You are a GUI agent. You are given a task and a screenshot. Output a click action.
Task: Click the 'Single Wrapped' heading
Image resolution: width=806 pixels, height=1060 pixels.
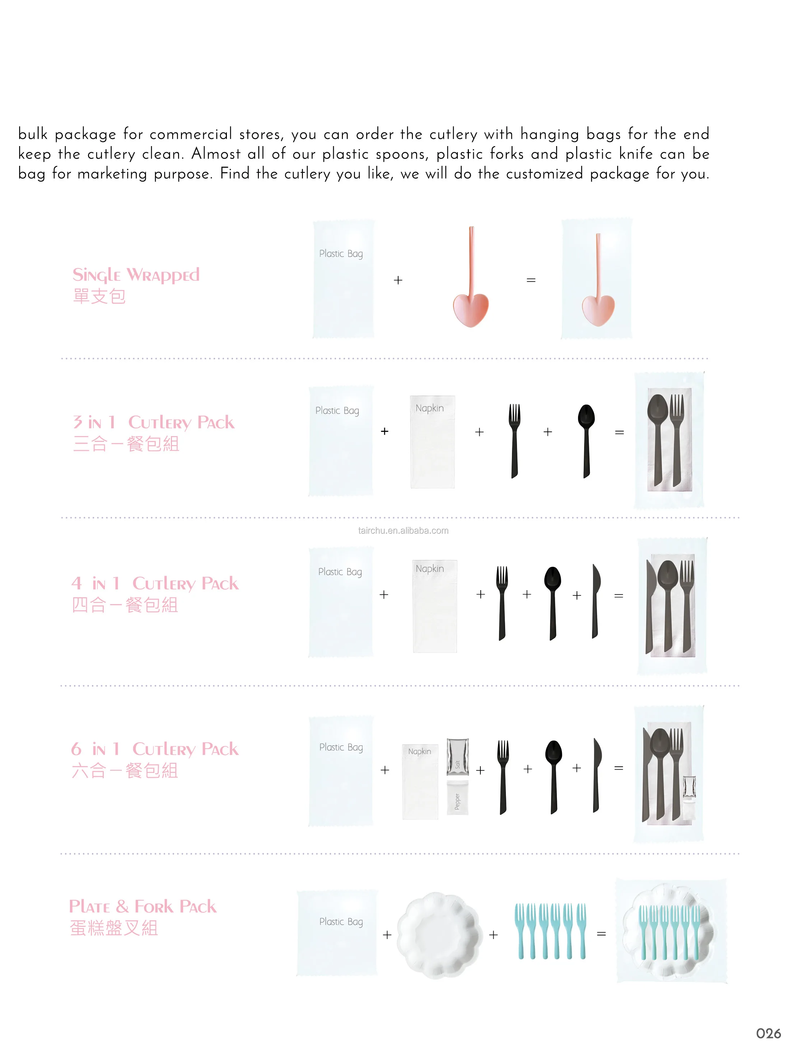(x=136, y=275)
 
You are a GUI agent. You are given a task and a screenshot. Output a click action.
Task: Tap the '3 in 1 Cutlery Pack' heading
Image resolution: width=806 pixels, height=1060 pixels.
(x=154, y=422)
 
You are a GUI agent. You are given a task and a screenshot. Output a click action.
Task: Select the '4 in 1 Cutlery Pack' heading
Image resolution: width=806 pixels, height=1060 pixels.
(x=154, y=583)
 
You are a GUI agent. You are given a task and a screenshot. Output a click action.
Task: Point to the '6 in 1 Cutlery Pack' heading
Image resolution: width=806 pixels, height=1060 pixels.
(x=154, y=749)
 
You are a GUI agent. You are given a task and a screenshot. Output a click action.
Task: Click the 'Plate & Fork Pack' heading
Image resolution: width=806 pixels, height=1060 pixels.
(x=143, y=906)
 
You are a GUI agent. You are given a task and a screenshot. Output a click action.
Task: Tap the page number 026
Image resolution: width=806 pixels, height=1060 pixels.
(x=768, y=1034)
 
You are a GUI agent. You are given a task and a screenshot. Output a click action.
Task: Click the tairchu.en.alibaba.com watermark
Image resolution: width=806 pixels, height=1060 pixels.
(x=403, y=531)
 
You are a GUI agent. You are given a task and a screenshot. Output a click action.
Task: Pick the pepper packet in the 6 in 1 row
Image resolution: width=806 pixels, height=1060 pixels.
(x=457, y=798)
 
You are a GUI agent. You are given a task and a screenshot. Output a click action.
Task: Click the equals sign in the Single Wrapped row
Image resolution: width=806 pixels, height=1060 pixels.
(x=531, y=280)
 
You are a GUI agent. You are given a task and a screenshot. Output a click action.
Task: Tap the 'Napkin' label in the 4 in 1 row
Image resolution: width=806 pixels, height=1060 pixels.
(x=429, y=568)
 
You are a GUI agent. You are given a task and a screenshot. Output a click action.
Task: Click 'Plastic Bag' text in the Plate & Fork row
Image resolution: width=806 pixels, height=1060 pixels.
(x=341, y=921)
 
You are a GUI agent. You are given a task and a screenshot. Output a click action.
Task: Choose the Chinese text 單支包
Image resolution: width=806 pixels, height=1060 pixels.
(x=99, y=296)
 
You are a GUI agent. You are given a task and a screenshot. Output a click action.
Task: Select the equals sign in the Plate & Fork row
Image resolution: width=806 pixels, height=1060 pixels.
(x=601, y=934)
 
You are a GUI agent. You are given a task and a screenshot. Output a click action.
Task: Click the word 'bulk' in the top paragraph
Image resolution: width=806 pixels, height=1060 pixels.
(x=33, y=134)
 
